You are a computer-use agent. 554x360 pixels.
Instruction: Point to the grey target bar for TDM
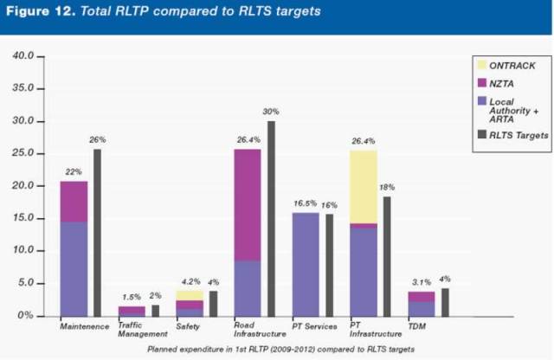coord(445,302)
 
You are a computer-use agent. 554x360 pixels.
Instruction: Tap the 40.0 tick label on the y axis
coord(23,56)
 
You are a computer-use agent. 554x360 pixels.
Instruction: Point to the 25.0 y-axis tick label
coord(23,154)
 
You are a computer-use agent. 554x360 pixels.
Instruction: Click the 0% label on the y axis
coord(26,316)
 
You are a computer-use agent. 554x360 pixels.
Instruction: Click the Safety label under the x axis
coord(189,326)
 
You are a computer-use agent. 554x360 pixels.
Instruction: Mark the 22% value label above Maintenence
coord(74,172)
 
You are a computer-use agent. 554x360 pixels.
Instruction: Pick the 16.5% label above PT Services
coord(305,203)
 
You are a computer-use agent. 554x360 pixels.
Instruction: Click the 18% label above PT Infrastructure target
coord(388,187)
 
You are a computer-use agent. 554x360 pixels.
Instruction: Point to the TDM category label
coord(417,326)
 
